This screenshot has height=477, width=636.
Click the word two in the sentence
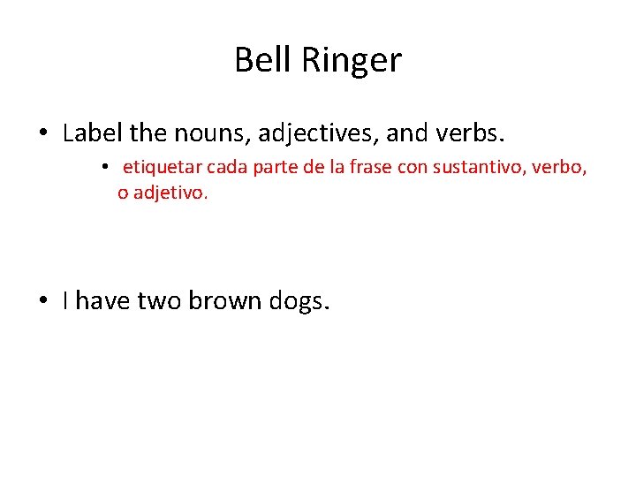(162, 301)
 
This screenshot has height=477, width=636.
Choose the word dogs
(299, 302)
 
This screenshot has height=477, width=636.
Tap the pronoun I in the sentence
(67, 301)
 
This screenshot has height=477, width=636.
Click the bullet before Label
(43, 135)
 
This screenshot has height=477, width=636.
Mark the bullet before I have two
(43, 301)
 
